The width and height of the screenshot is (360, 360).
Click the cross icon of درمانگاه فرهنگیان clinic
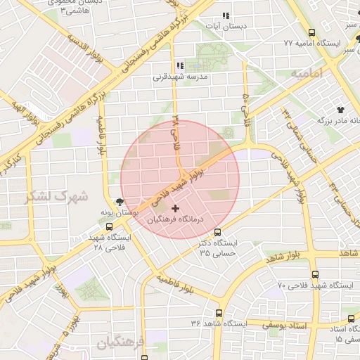175,208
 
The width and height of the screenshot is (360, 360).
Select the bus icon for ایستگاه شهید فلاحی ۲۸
108,226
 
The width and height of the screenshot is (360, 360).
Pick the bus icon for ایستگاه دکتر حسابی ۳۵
218,232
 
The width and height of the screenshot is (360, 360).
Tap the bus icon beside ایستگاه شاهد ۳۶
219,314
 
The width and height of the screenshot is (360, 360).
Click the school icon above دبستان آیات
226,15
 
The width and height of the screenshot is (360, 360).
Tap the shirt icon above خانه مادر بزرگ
341,110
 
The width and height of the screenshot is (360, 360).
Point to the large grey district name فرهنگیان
120,343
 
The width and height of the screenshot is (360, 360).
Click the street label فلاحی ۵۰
245,104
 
